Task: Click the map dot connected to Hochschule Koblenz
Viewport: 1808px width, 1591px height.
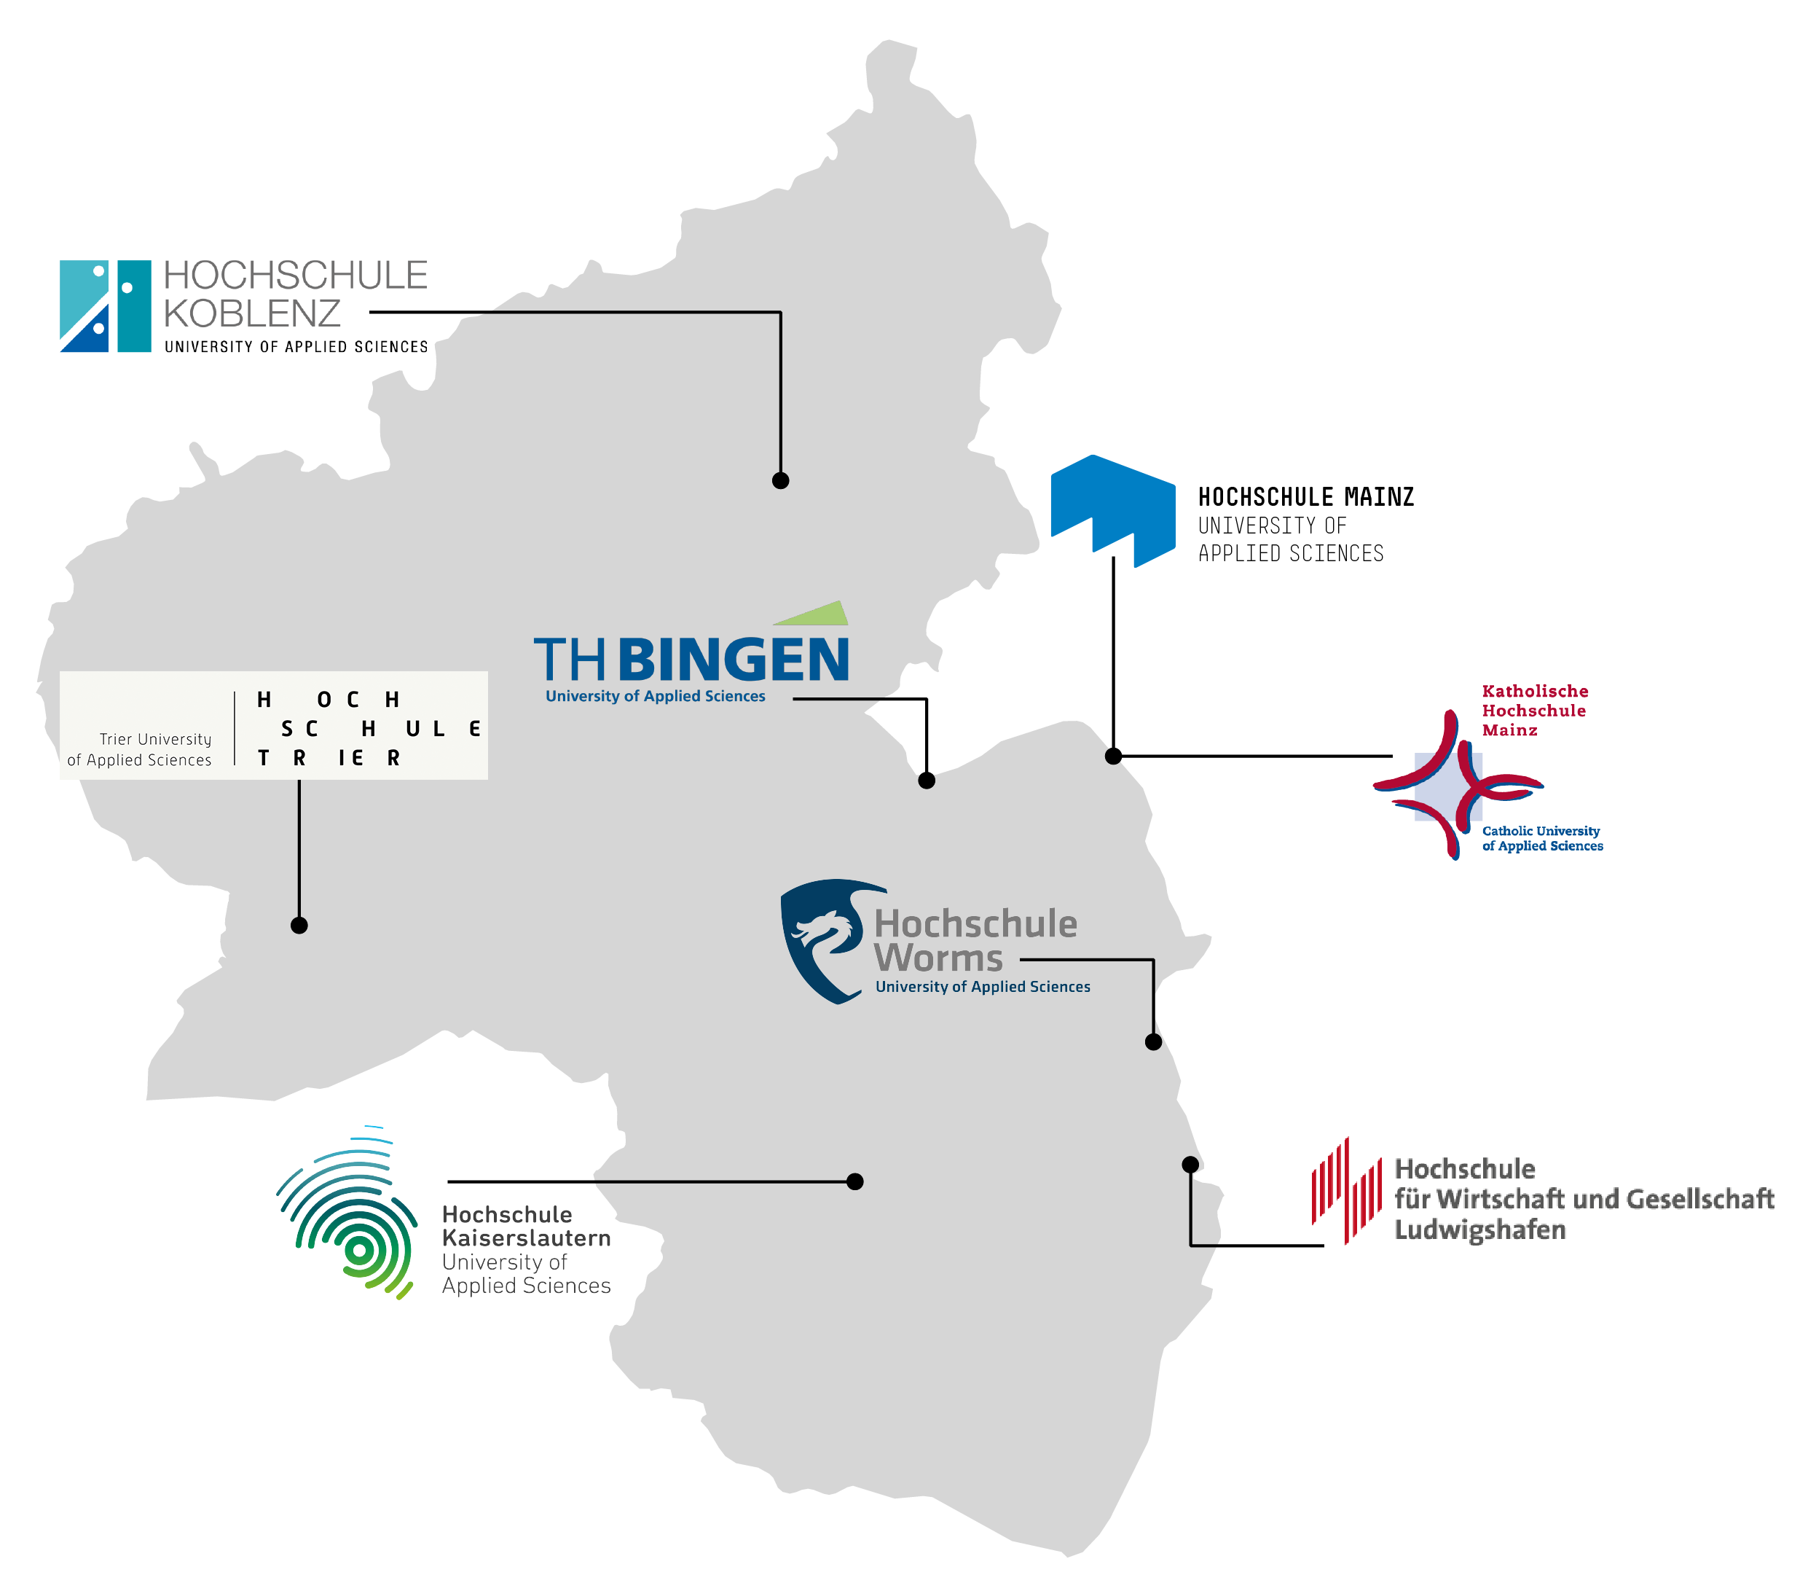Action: pos(780,480)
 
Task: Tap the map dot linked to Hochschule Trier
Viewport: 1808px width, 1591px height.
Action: pos(299,926)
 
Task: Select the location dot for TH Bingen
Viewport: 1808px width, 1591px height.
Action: pos(926,781)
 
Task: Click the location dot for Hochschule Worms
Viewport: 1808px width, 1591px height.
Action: pos(1153,1041)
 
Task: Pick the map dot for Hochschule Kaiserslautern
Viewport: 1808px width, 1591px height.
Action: pos(854,1181)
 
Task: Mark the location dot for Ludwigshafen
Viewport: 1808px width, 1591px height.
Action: pos(1190,1165)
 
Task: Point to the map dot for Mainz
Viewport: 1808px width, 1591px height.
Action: pos(1114,756)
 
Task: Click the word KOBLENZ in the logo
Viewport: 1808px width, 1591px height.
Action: pos(252,314)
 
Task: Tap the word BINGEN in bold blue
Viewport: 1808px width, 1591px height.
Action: pos(734,660)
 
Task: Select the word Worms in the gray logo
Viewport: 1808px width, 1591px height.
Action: pos(938,958)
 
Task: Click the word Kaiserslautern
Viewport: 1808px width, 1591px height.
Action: pos(526,1238)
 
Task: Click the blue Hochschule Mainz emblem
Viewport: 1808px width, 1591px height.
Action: pos(1113,511)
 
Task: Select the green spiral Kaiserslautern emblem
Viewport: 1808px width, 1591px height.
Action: pos(347,1211)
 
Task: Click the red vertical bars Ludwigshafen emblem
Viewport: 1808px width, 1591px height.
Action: pos(1346,1191)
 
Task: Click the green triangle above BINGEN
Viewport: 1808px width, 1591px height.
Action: pos(811,613)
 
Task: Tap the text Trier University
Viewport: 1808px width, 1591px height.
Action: pos(156,739)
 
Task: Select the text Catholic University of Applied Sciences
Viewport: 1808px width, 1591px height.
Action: pos(1543,838)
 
